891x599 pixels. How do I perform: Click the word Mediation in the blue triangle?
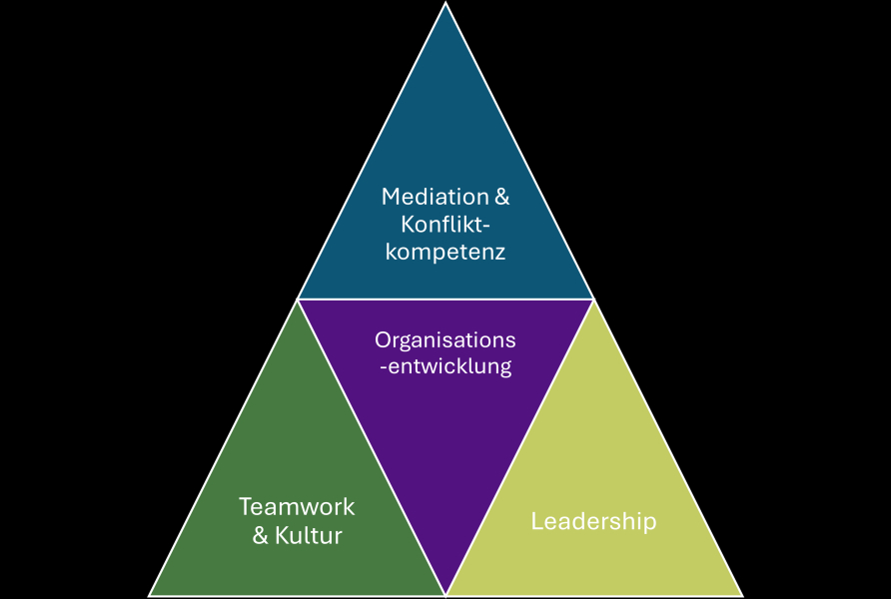point(435,197)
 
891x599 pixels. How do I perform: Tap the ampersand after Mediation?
point(501,197)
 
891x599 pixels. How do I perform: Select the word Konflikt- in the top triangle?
point(445,224)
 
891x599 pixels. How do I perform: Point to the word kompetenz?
point(445,252)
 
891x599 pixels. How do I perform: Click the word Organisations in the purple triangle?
point(445,339)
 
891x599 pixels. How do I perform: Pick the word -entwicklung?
point(445,366)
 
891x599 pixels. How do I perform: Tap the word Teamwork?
point(297,506)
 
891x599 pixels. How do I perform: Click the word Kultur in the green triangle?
point(310,536)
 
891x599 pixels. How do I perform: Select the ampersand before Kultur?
point(261,536)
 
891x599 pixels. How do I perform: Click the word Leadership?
point(593,521)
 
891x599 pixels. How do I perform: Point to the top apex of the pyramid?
point(445,4)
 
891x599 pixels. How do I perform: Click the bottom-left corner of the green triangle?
point(151,595)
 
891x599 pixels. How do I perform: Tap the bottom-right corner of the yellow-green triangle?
point(741,595)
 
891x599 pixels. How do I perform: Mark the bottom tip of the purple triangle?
point(445,594)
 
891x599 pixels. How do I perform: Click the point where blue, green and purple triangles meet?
point(298,299)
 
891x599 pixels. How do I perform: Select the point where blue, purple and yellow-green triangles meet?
point(593,299)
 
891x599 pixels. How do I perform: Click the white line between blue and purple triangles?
point(445,299)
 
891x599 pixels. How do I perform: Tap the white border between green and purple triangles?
point(372,447)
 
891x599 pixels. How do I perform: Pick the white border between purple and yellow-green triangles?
point(519,447)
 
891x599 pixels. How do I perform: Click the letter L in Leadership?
point(536,521)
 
